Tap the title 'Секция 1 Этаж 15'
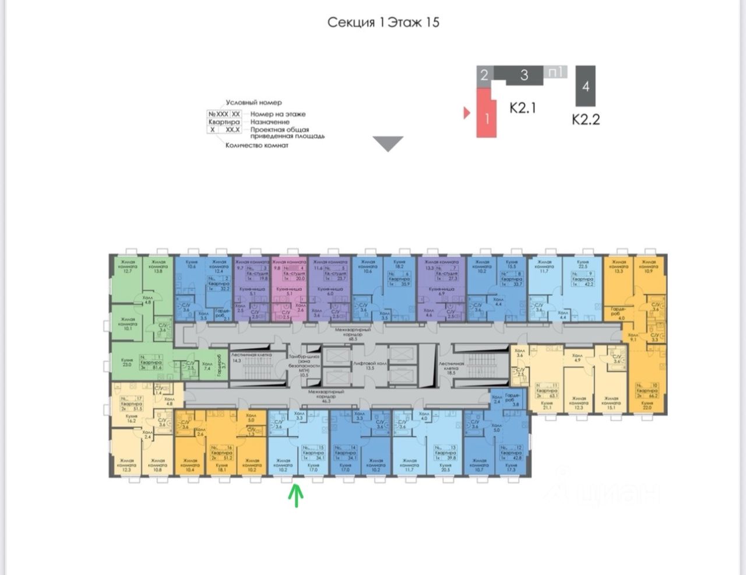383,23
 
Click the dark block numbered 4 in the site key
585,86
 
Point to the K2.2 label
585,120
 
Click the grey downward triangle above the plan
388,144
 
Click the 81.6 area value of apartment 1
157,368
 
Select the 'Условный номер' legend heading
254,103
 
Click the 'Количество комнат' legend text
256,145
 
